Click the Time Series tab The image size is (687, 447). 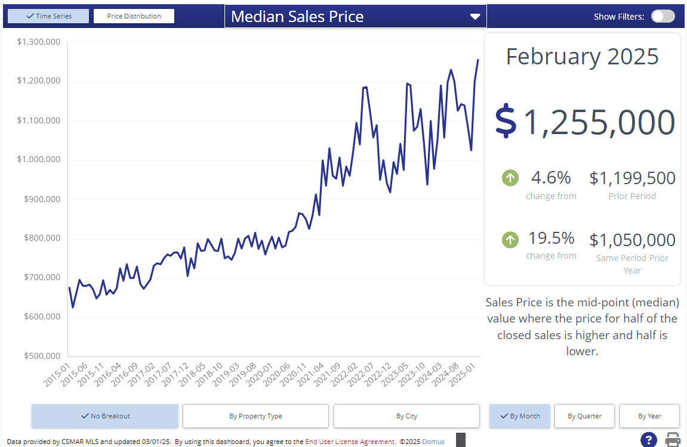point(48,16)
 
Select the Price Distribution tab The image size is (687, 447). point(134,16)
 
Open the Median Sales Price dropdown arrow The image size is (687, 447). point(475,17)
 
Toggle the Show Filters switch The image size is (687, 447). point(663,16)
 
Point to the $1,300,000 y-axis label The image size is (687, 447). point(39,42)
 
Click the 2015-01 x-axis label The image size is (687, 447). point(58,374)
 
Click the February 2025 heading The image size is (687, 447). point(582,57)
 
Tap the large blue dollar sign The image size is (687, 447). point(506,122)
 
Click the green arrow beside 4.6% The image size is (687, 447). point(510,178)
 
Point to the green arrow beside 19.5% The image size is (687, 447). point(510,240)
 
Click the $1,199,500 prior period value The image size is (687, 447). point(632,178)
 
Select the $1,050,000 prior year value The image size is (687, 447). point(632,240)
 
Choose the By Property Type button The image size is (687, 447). point(255,416)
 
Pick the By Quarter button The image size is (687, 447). point(584,416)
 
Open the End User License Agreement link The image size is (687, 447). point(350,442)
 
